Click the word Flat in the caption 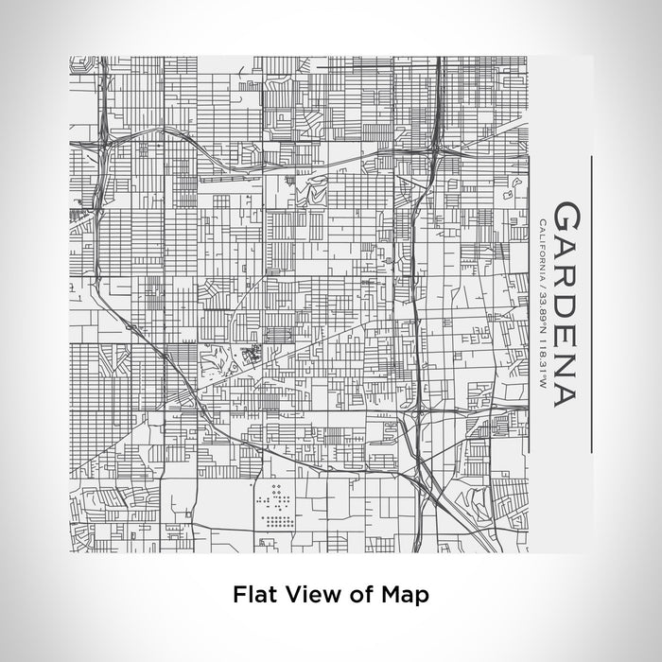pos(251,595)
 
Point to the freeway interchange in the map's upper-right pos(436,147)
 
